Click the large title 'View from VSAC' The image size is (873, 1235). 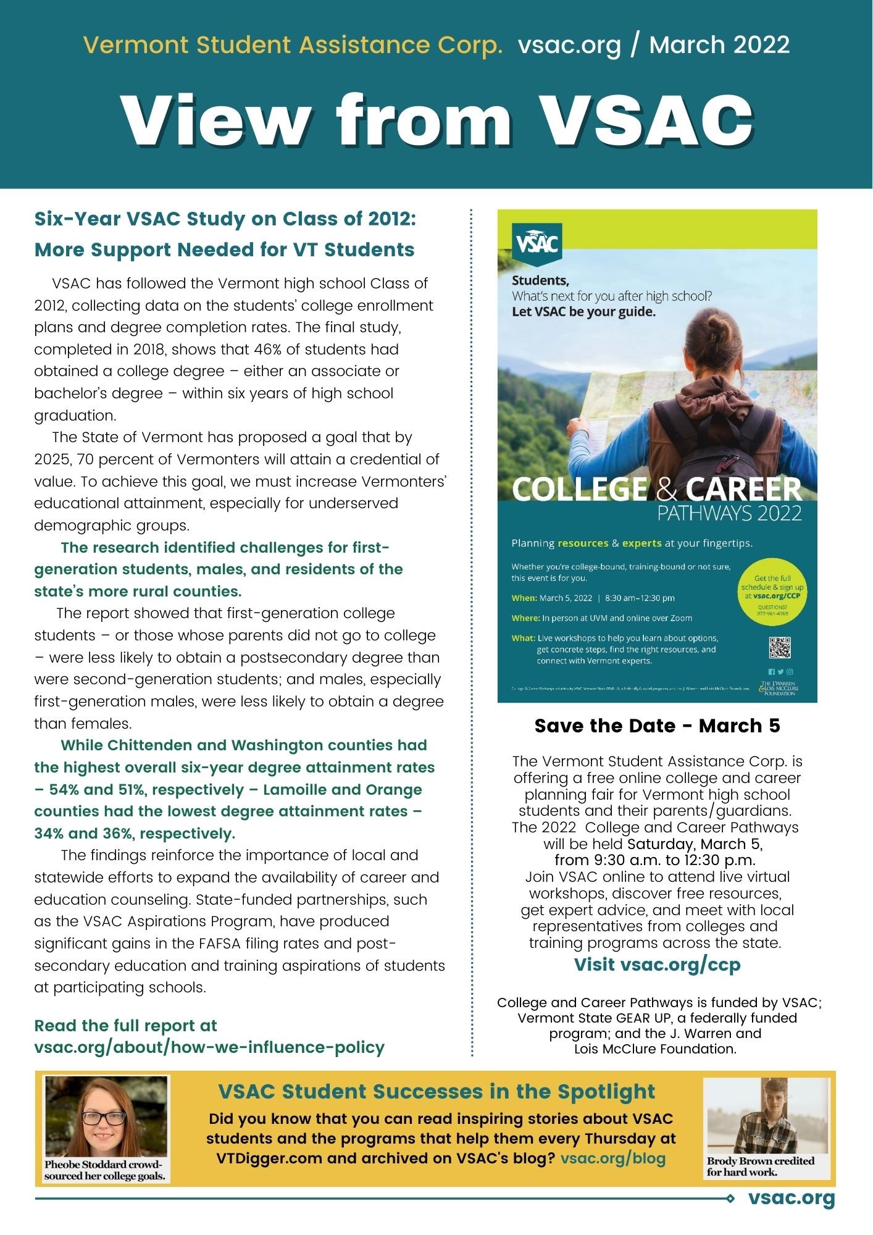point(436,120)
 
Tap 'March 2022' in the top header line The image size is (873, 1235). point(719,45)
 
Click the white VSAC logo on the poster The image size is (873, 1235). point(537,243)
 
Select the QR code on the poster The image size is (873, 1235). point(779,648)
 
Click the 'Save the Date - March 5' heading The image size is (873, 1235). point(657,726)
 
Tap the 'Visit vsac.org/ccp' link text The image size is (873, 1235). point(657,964)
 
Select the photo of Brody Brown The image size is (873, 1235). point(767,1116)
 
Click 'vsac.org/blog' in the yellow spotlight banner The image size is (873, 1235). point(612,1158)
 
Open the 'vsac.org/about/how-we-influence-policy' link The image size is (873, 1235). point(209,1047)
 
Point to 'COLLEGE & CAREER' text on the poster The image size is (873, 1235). point(656,489)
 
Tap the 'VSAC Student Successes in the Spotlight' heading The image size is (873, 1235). point(436,1091)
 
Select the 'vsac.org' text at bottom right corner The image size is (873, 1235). point(791,1199)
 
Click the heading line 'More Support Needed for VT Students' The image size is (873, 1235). point(224,250)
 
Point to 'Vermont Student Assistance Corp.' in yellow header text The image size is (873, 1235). point(293,45)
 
